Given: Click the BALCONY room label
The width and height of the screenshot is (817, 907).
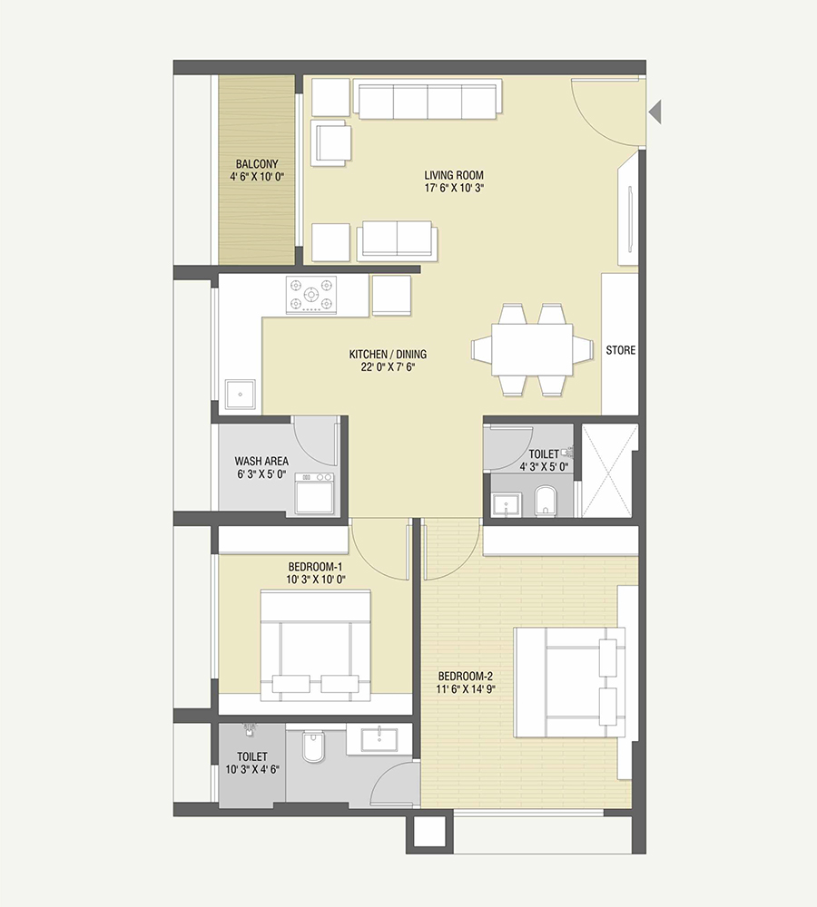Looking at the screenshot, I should click(258, 163).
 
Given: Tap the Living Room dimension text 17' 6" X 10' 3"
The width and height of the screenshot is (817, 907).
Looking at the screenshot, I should click(453, 189).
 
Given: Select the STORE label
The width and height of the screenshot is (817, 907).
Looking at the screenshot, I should click(621, 350).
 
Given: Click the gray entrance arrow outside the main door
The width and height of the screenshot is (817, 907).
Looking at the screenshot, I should click(655, 112).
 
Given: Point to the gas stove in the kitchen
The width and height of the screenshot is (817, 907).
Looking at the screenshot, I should click(310, 296).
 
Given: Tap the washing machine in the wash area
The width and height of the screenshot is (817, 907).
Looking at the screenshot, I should click(314, 494).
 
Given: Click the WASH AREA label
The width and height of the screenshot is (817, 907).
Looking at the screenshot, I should click(261, 461).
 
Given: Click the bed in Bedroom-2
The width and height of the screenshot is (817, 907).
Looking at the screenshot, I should click(569, 682).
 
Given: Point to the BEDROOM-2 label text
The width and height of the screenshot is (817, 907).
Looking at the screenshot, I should click(465, 676).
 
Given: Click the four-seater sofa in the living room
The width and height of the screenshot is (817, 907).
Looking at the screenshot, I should click(428, 100).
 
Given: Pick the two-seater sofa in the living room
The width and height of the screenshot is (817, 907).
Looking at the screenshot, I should click(398, 239).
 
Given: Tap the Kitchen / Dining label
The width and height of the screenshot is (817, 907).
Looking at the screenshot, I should click(388, 355).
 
